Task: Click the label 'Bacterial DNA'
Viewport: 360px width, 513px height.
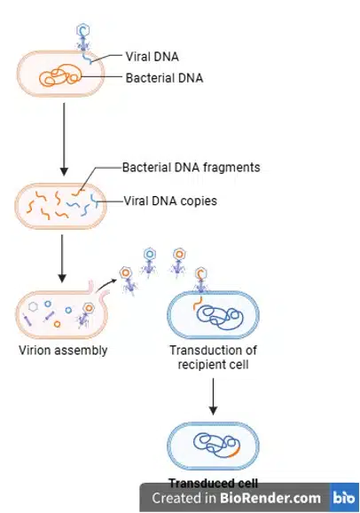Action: tap(164, 78)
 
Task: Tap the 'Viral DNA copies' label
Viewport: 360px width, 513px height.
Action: tap(170, 201)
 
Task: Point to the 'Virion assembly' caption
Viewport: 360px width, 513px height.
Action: tap(63, 350)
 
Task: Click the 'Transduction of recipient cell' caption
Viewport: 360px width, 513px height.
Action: tap(213, 357)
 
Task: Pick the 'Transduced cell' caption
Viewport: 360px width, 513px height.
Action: tap(213, 481)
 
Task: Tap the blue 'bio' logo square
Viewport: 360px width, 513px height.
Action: tap(343, 498)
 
